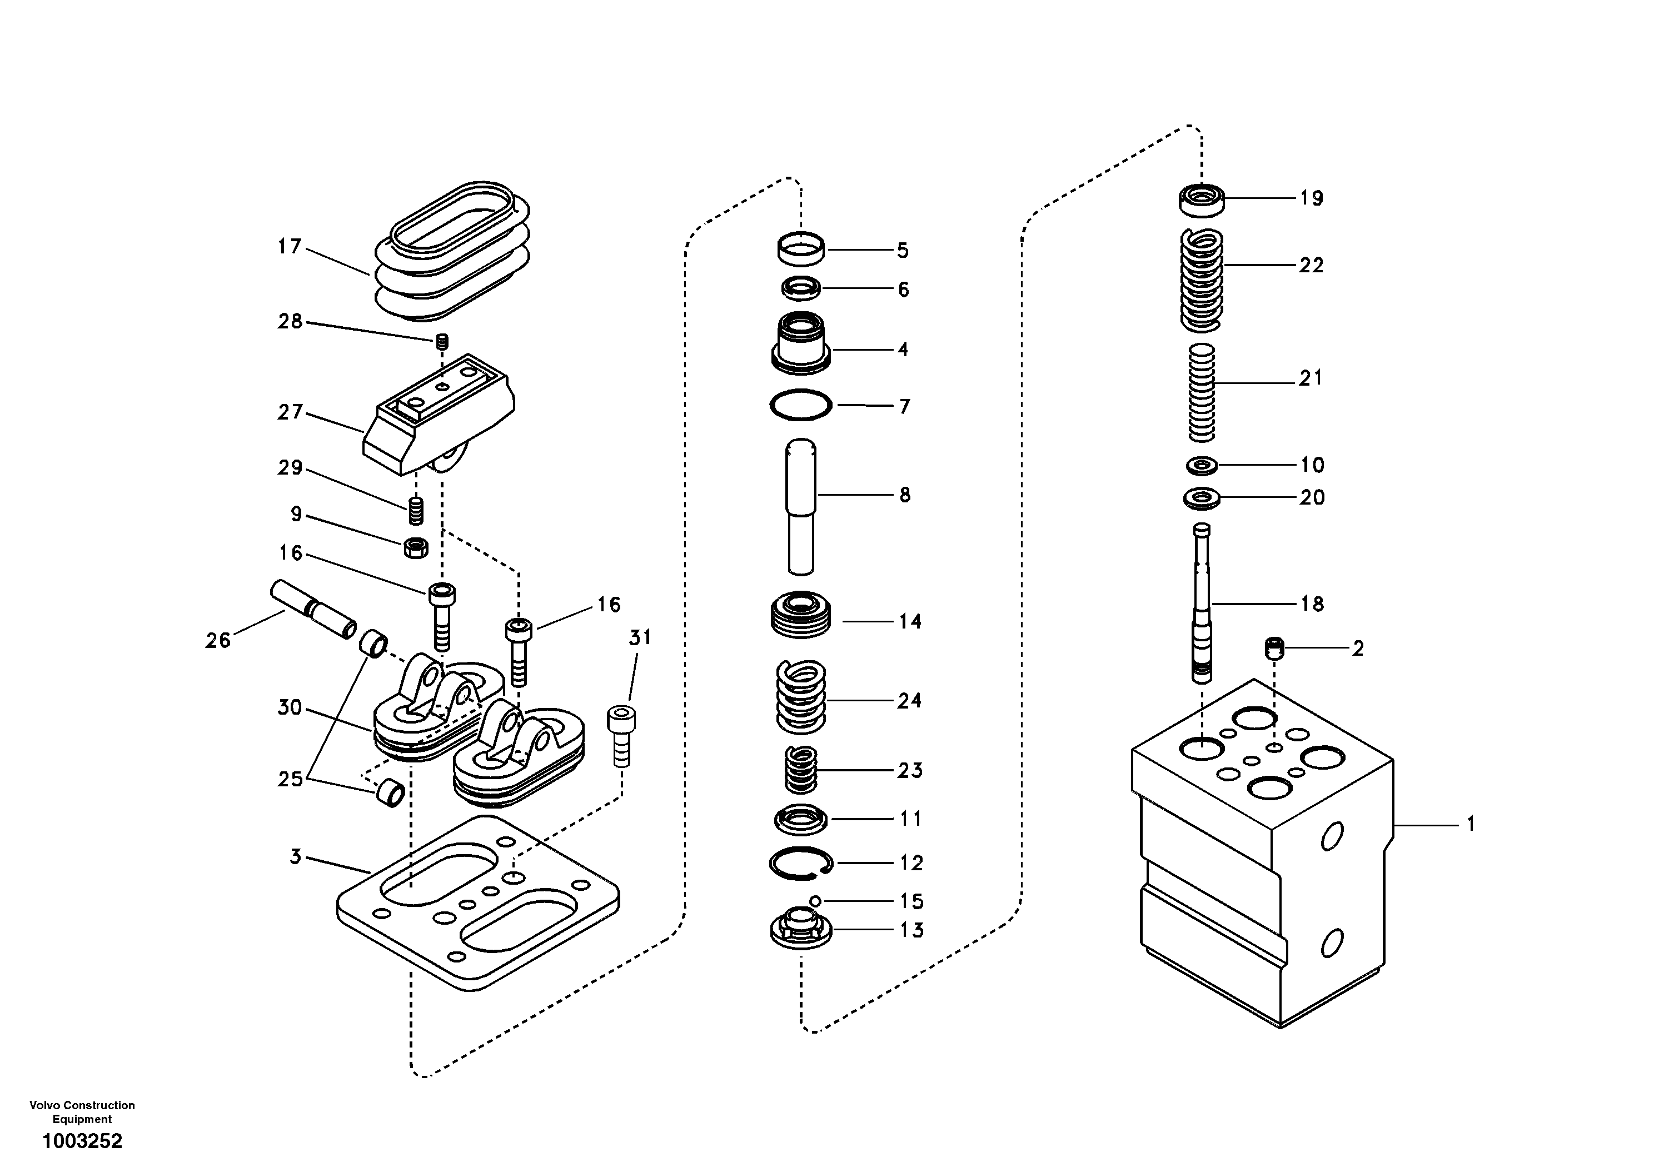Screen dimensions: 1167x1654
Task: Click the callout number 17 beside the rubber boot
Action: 290,247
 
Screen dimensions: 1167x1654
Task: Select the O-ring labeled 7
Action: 800,405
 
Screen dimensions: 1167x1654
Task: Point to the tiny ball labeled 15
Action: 815,900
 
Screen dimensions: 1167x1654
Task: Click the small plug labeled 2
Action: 1274,647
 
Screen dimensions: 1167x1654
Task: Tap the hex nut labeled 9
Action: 416,547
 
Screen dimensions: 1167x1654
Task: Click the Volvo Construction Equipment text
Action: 82,1111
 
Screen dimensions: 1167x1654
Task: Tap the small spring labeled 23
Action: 800,769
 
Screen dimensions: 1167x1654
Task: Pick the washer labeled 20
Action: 1202,498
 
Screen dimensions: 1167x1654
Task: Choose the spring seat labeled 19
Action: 1202,200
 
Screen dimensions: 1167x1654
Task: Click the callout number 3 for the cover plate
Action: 295,857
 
